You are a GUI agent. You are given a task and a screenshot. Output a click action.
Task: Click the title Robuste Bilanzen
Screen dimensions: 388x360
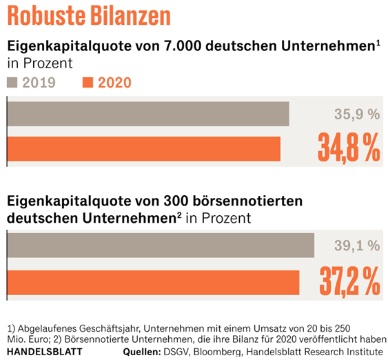[x=89, y=15]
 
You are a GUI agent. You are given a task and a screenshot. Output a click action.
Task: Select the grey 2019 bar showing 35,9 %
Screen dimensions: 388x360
[x=148, y=114]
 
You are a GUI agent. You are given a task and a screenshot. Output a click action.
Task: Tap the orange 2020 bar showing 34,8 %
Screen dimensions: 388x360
[x=144, y=149]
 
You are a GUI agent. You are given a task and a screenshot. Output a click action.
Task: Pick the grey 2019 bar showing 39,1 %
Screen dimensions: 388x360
[x=161, y=245]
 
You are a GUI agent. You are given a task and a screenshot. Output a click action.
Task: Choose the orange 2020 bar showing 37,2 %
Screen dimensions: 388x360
[x=153, y=283]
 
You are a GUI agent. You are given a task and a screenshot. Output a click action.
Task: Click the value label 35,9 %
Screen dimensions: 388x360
[x=357, y=114]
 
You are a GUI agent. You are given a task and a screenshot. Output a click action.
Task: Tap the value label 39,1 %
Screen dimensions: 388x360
[x=357, y=246]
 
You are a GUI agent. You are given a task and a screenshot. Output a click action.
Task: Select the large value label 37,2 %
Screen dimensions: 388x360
[x=349, y=281]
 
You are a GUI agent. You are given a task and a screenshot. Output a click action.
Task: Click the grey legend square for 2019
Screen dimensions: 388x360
[x=12, y=83]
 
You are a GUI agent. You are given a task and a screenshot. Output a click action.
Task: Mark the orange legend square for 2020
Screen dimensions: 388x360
[x=88, y=83]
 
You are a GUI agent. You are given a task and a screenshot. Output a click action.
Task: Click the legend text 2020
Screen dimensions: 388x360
[x=114, y=83]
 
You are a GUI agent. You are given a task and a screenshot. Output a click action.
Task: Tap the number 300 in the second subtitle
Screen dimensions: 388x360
[x=176, y=201]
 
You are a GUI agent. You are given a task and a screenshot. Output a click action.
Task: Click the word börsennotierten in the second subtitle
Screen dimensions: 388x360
[x=247, y=201]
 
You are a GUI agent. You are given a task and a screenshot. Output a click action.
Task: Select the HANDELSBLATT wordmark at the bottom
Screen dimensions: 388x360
[x=45, y=352]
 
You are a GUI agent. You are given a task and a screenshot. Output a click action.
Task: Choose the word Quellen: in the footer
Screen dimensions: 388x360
[x=142, y=352]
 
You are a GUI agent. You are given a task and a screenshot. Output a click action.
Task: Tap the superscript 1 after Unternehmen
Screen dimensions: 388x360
[x=378, y=43]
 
